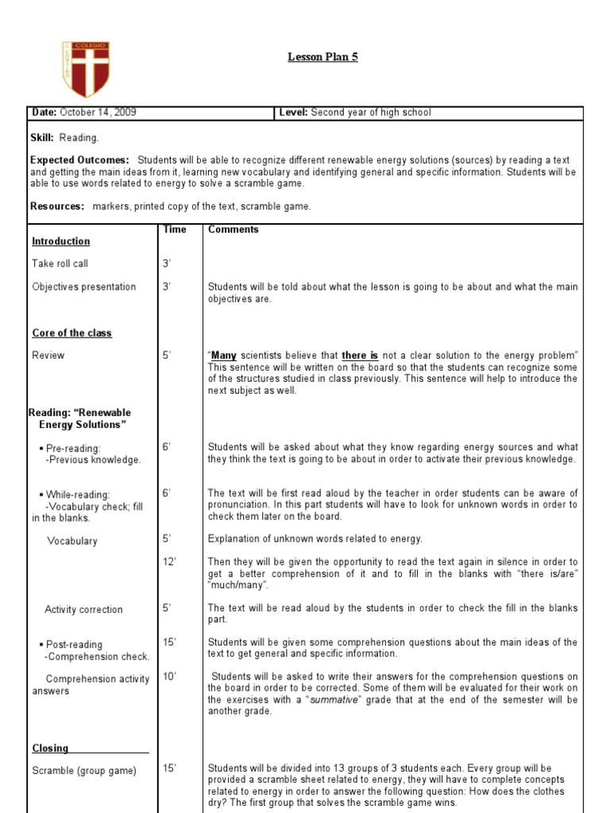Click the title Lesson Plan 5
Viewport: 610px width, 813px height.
(x=322, y=57)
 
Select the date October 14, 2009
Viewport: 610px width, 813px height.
(x=98, y=113)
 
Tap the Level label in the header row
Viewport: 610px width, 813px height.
(x=293, y=113)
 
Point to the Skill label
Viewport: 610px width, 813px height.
(x=41, y=137)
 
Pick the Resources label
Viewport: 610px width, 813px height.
(x=57, y=206)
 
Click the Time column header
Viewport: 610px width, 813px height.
(x=175, y=229)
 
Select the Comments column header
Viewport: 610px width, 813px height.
(x=234, y=229)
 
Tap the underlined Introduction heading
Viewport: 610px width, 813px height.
(x=61, y=241)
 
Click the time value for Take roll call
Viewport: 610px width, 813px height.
(x=168, y=264)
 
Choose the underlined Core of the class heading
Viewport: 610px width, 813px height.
(x=72, y=333)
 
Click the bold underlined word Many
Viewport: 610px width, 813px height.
(x=223, y=356)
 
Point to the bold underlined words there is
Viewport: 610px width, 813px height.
(x=360, y=356)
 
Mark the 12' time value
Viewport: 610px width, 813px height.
(x=170, y=562)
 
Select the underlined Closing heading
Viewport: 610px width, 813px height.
(x=51, y=748)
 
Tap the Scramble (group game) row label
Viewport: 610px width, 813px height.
(x=84, y=770)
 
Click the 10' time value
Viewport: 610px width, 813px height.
(x=170, y=676)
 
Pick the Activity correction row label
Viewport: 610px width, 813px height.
(x=83, y=610)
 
